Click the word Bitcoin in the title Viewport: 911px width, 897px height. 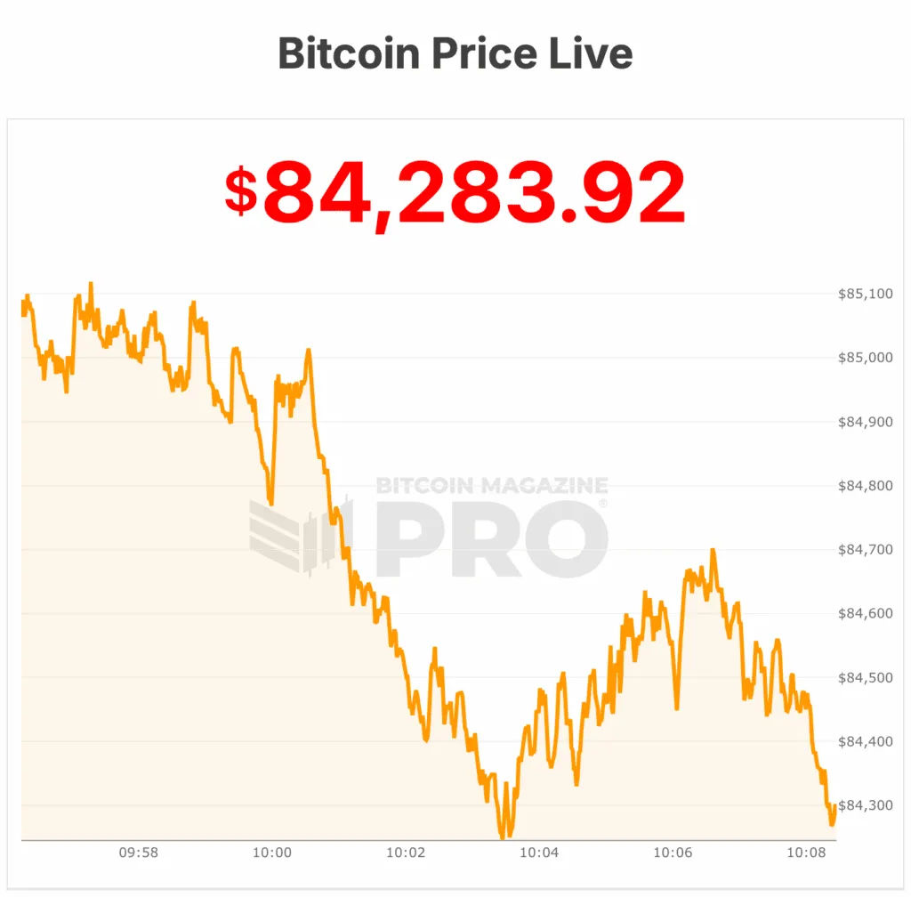click(348, 53)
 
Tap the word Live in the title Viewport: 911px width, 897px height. click(589, 53)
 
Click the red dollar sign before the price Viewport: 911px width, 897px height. click(241, 191)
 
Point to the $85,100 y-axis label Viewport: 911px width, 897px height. click(865, 294)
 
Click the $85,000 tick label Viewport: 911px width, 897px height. click(865, 358)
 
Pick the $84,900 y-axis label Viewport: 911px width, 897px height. click(865, 422)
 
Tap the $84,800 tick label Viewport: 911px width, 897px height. click(865, 486)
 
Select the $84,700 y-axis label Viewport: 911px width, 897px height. click(865, 550)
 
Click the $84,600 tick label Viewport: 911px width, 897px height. click(865, 614)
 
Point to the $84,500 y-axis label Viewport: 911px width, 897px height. click(865, 678)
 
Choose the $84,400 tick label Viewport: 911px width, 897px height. click(865, 742)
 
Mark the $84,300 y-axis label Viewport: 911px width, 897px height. click(865, 806)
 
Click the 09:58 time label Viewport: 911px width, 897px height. click(139, 853)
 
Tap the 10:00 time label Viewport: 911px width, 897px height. click(272, 853)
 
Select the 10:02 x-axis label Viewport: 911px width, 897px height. click(406, 853)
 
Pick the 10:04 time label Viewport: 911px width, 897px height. click(539, 853)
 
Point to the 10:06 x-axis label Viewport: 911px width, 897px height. click(673, 853)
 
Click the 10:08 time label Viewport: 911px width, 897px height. click(806, 853)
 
